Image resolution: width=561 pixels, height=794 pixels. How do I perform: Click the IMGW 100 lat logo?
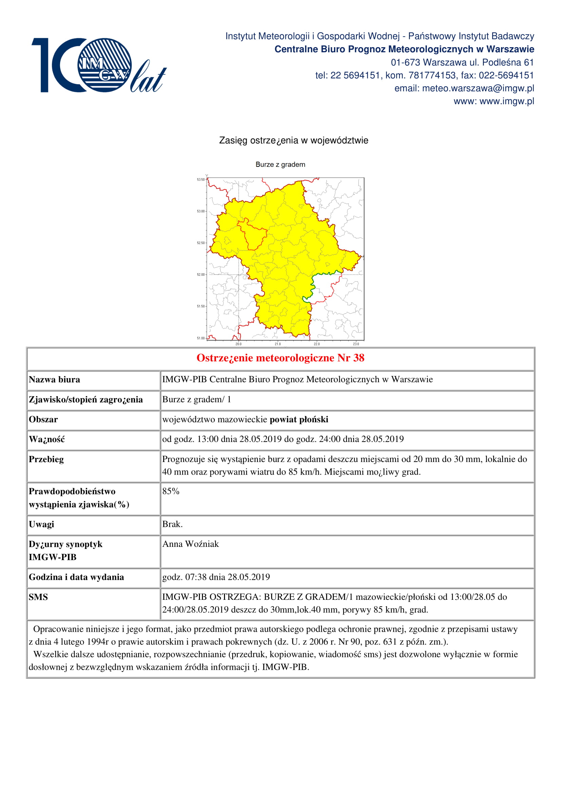(x=98, y=65)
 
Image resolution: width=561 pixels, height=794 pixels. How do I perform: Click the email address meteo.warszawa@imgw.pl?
(x=478, y=88)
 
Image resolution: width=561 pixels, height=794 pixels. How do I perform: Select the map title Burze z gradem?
(x=280, y=164)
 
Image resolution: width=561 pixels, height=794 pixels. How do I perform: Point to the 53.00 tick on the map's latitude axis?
(x=201, y=211)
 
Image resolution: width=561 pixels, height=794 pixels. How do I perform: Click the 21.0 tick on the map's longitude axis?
(x=278, y=344)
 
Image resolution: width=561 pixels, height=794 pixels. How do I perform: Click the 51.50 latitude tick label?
(x=201, y=306)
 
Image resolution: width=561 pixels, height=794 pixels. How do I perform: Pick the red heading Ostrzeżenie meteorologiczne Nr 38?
(x=280, y=358)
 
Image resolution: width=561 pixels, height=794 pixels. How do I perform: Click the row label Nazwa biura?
(x=54, y=380)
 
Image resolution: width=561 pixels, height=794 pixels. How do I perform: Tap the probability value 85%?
(x=171, y=491)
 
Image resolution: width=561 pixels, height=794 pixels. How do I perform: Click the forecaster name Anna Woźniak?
(x=190, y=544)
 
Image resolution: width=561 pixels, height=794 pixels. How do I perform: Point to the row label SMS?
(x=38, y=597)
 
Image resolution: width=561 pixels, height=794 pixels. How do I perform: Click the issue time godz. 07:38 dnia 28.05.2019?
(x=216, y=577)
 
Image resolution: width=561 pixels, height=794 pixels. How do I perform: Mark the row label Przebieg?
(x=46, y=459)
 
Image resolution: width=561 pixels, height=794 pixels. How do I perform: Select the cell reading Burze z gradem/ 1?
(x=196, y=400)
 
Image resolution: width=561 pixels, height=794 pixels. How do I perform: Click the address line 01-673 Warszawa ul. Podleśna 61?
(x=462, y=62)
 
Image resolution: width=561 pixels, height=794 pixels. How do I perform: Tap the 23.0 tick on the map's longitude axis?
(x=356, y=344)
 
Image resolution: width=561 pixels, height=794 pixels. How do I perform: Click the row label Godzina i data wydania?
(x=76, y=577)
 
